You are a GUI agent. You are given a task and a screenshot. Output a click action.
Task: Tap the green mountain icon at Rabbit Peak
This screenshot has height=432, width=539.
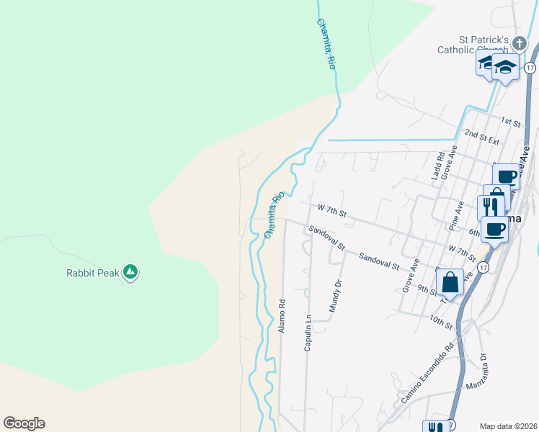[x=130, y=271]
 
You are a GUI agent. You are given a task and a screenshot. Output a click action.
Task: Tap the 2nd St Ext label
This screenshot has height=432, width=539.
[x=482, y=135]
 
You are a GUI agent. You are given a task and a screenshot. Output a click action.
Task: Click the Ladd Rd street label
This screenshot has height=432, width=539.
[x=437, y=165]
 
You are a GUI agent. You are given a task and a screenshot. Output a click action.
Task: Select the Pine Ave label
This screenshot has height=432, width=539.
[x=455, y=216]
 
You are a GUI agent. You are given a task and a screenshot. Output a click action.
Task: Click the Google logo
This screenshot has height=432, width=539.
[x=24, y=423]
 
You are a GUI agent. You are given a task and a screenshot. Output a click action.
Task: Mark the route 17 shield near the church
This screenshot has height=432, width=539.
[x=530, y=68]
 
